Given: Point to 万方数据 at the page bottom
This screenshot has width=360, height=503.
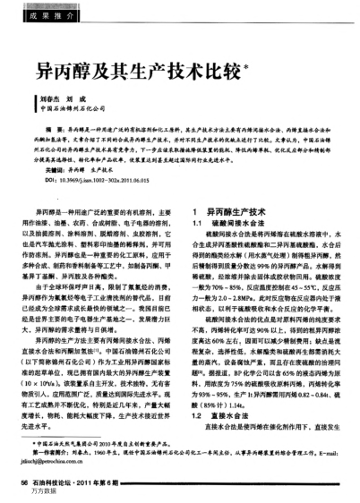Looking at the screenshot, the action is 44,492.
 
